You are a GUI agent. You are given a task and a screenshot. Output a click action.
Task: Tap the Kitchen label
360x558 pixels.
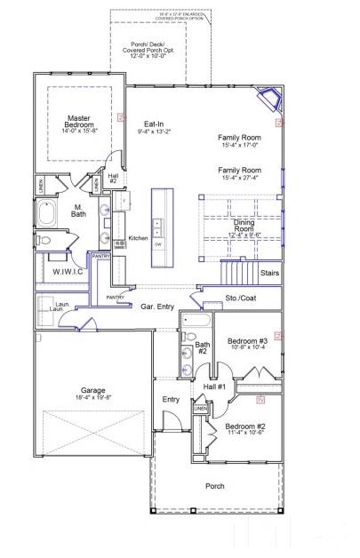tap(138, 238)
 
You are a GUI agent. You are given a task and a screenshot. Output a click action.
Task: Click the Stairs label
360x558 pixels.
tap(268, 273)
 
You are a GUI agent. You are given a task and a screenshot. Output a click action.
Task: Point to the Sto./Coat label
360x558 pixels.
tap(239, 299)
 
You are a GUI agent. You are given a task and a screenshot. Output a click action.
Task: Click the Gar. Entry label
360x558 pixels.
tap(158, 306)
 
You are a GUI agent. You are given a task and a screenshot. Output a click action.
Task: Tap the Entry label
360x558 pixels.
tap(171, 399)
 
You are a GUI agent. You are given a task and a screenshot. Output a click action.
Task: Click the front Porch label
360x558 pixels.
tap(214, 485)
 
